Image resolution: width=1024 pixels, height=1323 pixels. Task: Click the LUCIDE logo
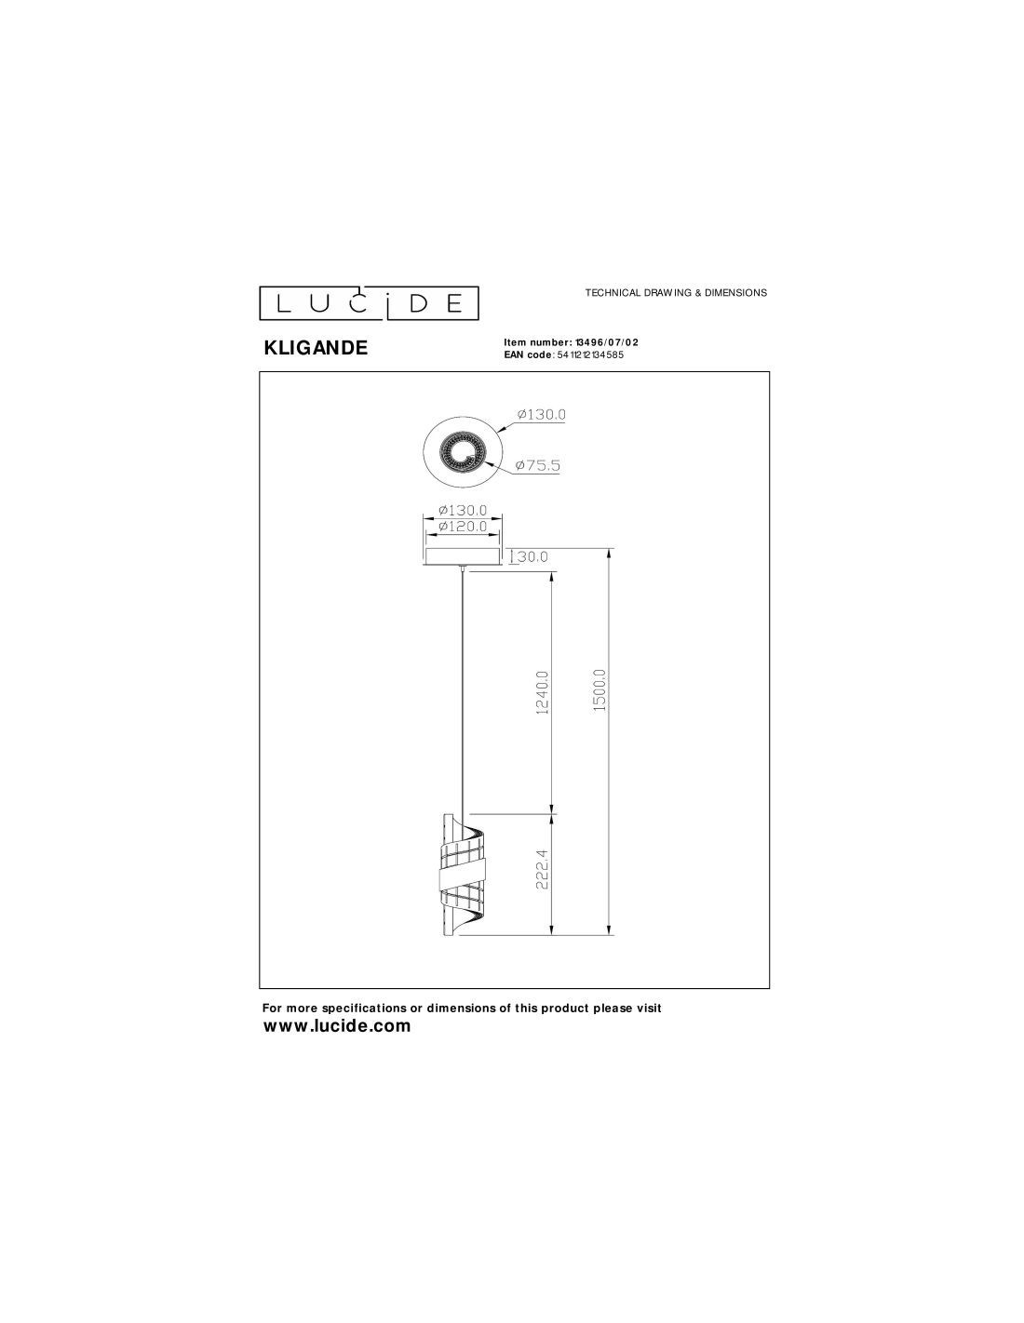pyautogui.click(x=369, y=302)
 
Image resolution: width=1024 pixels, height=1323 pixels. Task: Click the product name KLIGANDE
pyautogui.click(x=316, y=348)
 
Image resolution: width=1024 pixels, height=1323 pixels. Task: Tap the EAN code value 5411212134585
pyautogui.click(x=589, y=354)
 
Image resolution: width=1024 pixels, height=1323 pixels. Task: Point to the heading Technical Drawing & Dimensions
pyautogui.click(x=676, y=293)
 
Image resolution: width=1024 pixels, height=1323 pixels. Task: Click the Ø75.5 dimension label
pyautogui.click(x=537, y=466)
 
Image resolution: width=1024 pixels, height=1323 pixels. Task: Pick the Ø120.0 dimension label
pyautogui.click(x=463, y=526)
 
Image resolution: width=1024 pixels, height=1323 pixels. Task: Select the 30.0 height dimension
pyautogui.click(x=532, y=556)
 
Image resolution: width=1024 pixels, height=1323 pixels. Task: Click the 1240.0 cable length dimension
pyautogui.click(x=544, y=691)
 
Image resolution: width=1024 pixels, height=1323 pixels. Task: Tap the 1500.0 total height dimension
pyautogui.click(x=600, y=689)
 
